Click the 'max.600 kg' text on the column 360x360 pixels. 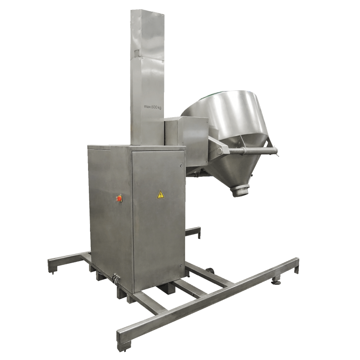pyautogui.click(x=153, y=107)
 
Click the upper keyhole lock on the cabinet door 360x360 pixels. pyautogui.click(x=181, y=166)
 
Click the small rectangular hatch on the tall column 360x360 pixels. pyautogui.click(x=137, y=53)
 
